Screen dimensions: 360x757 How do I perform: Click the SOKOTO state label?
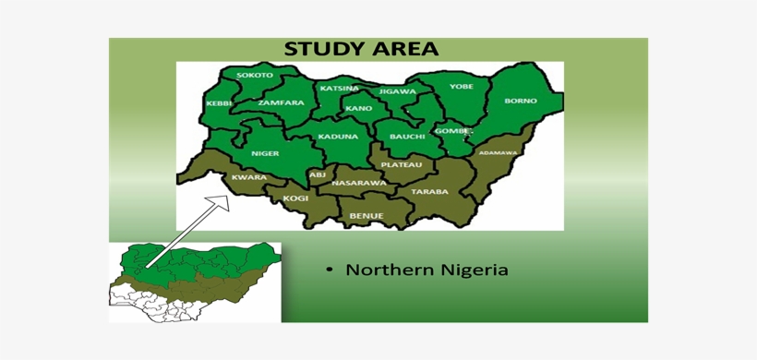255,75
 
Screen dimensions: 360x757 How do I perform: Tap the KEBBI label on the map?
220,102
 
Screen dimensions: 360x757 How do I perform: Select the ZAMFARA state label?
281,102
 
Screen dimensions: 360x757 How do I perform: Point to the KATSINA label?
339,89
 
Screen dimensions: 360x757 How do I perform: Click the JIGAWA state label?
397,91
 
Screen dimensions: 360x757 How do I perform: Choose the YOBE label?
462,87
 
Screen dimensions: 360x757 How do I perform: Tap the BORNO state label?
520,101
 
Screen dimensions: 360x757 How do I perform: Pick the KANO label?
358,108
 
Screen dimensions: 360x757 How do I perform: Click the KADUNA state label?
338,137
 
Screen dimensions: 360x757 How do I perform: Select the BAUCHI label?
407,137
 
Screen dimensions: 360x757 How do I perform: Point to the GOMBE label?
454,131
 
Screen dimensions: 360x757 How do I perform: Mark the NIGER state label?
266,153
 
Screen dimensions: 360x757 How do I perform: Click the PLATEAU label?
401,164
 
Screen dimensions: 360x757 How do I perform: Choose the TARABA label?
429,192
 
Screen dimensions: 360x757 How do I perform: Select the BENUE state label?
365,216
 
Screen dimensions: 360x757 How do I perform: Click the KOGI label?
295,198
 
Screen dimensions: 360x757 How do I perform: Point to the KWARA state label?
248,177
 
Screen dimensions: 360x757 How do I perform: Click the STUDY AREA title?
361,49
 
